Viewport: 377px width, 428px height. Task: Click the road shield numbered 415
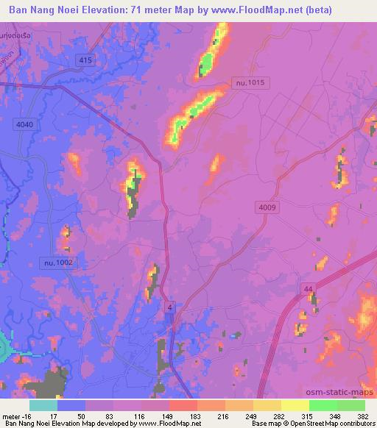tap(85, 58)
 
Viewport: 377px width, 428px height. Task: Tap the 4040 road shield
tap(24, 125)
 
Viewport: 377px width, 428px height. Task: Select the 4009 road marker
tap(267, 208)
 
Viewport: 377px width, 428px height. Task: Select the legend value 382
tap(362, 415)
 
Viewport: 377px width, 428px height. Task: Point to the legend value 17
tap(54, 415)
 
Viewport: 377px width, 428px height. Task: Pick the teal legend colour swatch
tap(43, 405)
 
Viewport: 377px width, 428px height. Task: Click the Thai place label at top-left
tap(16, 36)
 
